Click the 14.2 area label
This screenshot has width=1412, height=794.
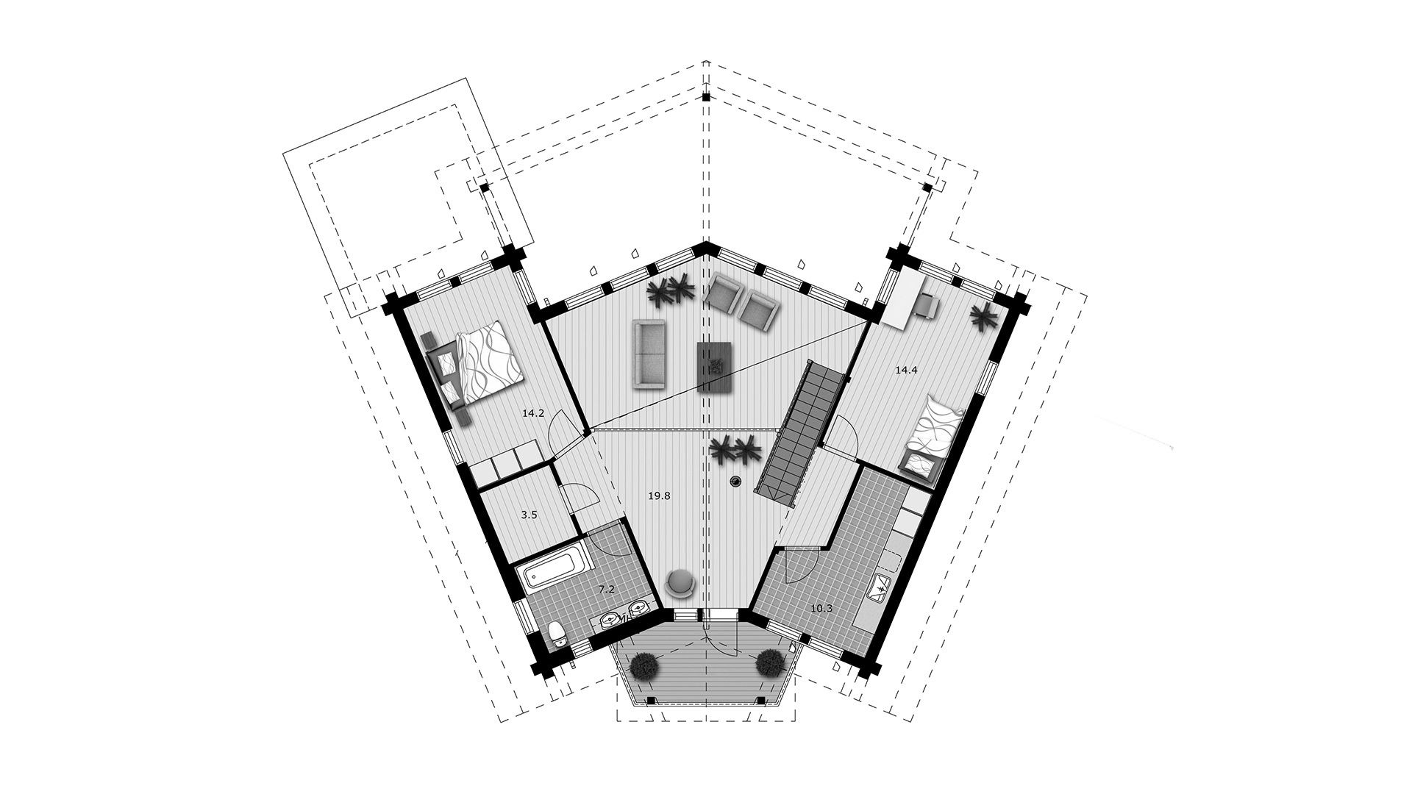pyautogui.click(x=532, y=413)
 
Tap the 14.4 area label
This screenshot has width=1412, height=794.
pyautogui.click(x=906, y=371)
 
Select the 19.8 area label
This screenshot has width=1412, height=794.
pyautogui.click(x=659, y=496)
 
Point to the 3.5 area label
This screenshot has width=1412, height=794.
pyautogui.click(x=529, y=515)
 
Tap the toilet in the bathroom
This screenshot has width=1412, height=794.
pyautogui.click(x=558, y=632)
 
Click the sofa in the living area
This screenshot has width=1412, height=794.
pyautogui.click(x=649, y=354)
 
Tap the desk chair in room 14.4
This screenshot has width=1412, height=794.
pyautogui.click(x=926, y=304)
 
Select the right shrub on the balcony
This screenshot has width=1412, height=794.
pyautogui.click(x=769, y=663)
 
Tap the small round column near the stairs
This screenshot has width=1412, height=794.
pyautogui.click(x=735, y=482)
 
